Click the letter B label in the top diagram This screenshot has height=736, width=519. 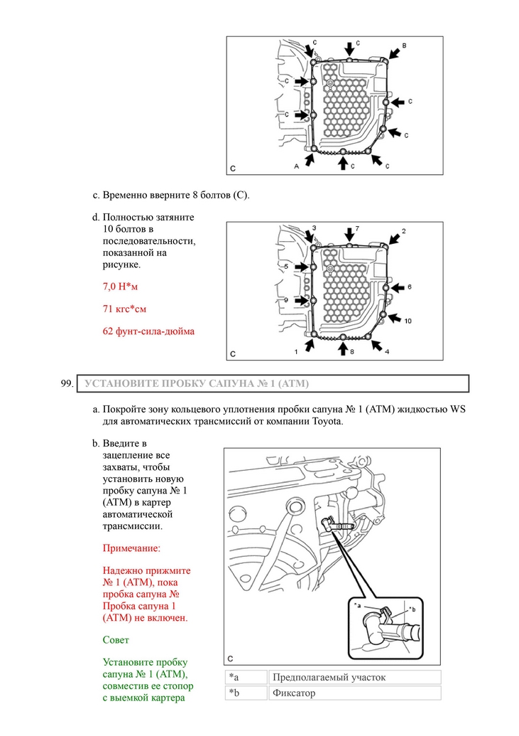(x=404, y=46)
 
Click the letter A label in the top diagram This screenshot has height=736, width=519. (x=296, y=166)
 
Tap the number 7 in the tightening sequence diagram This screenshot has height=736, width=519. (x=357, y=228)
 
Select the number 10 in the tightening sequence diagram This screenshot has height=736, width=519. (x=408, y=321)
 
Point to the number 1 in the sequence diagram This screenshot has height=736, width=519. (x=296, y=351)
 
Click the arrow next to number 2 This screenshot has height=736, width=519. (x=394, y=240)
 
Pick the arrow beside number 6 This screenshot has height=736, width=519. (x=398, y=287)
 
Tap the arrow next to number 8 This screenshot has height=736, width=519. (x=343, y=348)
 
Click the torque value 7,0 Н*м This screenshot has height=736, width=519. (x=121, y=287)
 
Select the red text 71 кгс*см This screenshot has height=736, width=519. (x=125, y=309)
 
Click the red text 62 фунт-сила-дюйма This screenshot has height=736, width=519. (x=148, y=331)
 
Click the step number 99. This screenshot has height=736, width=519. (x=67, y=383)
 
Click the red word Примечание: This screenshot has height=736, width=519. (x=131, y=548)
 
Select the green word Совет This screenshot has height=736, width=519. (x=116, y=640)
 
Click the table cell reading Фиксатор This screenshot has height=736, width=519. (x=354, y=693)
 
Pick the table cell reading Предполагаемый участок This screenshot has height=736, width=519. (x=354, y=677)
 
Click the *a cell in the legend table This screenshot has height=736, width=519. (x=246, y=677)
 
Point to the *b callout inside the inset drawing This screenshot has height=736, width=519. (x=411, y=609)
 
